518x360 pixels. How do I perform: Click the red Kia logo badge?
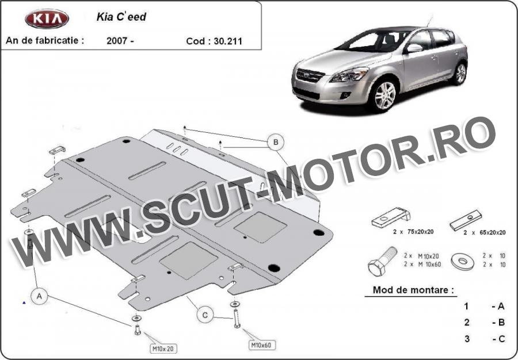tap(47, 18)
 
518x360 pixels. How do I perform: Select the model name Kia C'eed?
tap(121, 17)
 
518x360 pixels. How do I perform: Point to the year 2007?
tap(117, 41)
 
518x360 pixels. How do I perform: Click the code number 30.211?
tap(228, 41)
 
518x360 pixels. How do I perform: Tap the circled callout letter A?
tap(39, 296)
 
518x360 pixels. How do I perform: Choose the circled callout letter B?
tap(276, 142)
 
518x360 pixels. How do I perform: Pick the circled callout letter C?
tap(205, 315)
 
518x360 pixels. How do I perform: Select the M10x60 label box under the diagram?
tap(262, 345)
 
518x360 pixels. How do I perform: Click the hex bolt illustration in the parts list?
tap(382, 261)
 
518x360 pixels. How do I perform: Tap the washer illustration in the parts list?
tap(463, 262)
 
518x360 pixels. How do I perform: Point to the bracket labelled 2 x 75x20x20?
tap(391, 217)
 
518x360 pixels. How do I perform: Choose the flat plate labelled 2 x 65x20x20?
tap(466, 220)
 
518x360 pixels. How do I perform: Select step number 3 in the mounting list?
tap(466, 339)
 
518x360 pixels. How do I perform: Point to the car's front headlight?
tap(349, 75)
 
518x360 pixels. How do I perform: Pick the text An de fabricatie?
tap(44, 40)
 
